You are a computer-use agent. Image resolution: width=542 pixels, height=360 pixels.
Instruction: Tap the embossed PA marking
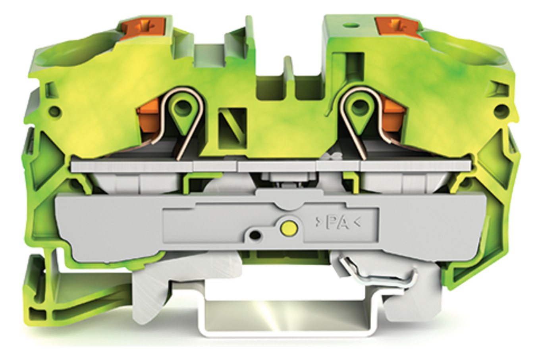[338, 223]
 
